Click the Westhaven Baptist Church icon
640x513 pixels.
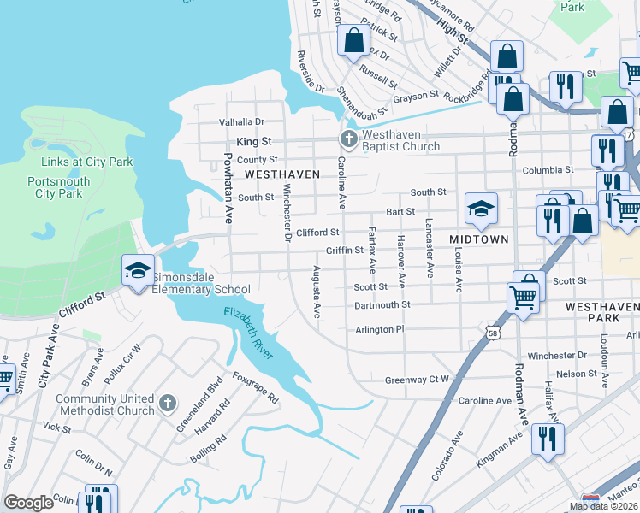(348, 139)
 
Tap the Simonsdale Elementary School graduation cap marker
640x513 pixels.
(137, 271)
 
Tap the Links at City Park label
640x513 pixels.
(80, 163)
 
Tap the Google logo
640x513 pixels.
(28, 502)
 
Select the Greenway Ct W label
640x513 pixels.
(417, 380)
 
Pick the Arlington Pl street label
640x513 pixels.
(378, 329)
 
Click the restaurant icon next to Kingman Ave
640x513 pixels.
(547, 439)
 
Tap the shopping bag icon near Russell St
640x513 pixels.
(353, 39)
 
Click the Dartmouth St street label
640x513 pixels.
(382, 304)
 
